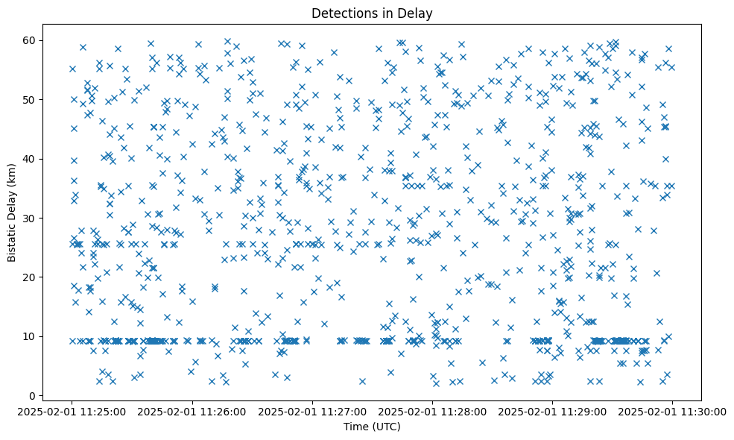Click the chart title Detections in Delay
(x=372, y=13)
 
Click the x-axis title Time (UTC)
(x=372, y=427)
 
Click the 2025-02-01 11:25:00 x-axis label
(x=72, y=411)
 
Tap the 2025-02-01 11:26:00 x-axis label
(x=192, y=411)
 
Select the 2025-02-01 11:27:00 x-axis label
(x=312, y=411)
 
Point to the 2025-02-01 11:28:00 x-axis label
(x=432, y=411)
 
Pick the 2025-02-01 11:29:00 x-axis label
(x=552, y=411)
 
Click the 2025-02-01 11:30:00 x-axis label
(x=672, y=411)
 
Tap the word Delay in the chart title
(x=418, y=13)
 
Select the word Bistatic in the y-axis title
(x=12, y=242)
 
